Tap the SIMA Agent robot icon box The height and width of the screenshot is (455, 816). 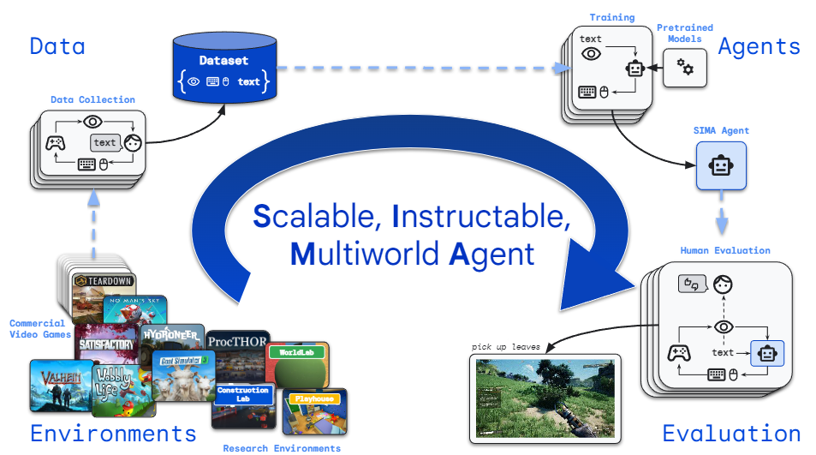[720, 165]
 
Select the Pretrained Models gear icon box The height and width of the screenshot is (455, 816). [685, 66]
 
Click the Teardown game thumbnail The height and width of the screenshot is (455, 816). [102, 283]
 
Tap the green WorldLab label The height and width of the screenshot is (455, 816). [293, 352]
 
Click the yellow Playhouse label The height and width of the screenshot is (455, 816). [315, 398]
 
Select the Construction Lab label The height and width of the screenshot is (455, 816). [243, 394]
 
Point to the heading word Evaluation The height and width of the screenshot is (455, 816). [731, 434]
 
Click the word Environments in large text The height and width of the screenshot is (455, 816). [113, 434]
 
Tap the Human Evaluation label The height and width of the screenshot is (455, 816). [724, 250]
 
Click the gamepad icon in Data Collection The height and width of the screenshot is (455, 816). [56, 142]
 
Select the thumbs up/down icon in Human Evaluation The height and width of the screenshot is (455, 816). [689, 284]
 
